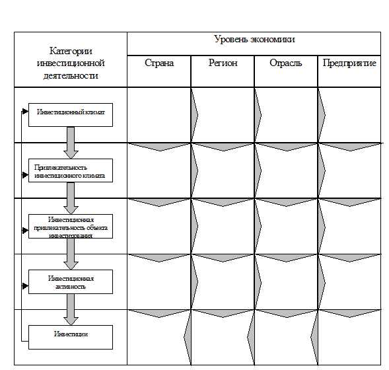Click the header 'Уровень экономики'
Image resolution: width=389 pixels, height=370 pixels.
click(254, 40)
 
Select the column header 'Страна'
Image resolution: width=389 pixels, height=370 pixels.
click(159, 63)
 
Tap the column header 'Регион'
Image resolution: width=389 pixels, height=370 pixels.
click(223, 63)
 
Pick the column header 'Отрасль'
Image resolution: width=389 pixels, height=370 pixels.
click(286, 63)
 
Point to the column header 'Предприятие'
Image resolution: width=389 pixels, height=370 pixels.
click(349, 63)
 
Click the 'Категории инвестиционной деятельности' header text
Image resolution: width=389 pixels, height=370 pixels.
click(71, 63)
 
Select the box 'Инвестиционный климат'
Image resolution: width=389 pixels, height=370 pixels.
click(71, 115)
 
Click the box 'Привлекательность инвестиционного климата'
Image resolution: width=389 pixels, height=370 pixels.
click(71, 170)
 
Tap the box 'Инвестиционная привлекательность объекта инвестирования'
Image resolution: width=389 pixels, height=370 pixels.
click(71, 227)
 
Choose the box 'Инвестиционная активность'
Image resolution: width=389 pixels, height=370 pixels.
click(71, 282)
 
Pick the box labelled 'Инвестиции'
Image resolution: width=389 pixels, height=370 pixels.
click(71, 337)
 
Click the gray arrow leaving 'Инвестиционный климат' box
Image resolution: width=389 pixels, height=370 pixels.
click(71, 143)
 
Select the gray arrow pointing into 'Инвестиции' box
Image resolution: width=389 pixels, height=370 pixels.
click(71, 309)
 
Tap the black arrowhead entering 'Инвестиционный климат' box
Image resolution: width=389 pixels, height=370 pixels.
click(25, 112)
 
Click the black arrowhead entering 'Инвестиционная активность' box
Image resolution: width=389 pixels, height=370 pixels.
click(25, 286)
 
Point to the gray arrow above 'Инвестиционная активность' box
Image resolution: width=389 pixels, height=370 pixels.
click(71, 254)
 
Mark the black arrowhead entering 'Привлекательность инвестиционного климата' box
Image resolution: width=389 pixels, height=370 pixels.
click(25, 175)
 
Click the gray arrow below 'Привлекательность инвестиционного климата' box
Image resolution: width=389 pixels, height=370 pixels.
click(71, 198)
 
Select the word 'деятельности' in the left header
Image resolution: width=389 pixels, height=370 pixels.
click(71, 75)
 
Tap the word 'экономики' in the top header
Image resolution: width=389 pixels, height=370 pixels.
click(273, 40)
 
